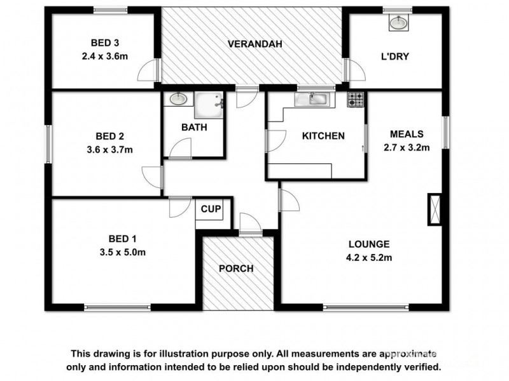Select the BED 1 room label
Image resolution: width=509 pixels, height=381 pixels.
(123, 239)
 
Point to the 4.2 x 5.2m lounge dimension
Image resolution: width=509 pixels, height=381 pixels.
(369, 257)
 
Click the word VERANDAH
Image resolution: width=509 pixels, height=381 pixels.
(254, 44)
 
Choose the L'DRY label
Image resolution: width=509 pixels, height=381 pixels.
(394, 57)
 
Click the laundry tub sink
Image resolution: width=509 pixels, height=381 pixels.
(398, 24)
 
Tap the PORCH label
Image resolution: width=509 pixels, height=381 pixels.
(236, 269)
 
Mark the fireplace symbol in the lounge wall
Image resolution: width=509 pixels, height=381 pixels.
(435, 208)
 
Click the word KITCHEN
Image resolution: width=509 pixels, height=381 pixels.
(323, 136)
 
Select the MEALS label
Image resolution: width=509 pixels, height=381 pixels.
(407, 135)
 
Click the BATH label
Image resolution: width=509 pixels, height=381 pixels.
(194, 128)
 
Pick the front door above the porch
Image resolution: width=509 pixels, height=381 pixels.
(249, 225)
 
